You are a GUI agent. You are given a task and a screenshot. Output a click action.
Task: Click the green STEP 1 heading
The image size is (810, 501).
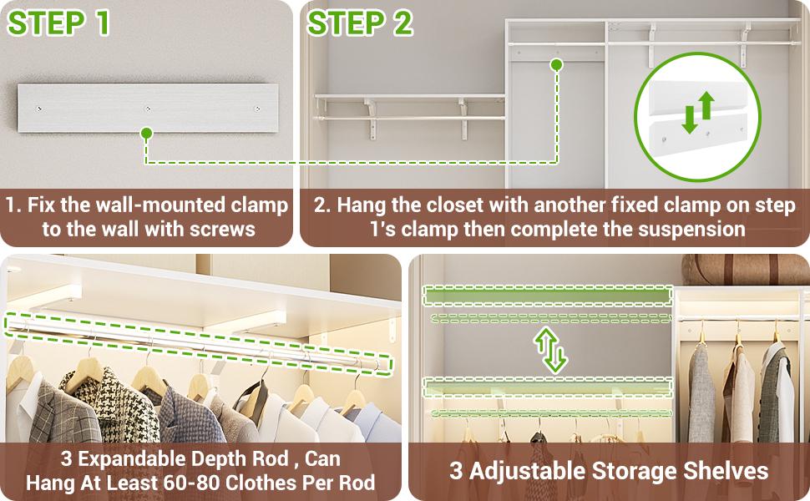[59, 23]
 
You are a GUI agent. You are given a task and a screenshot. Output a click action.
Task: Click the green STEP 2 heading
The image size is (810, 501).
[360, 23]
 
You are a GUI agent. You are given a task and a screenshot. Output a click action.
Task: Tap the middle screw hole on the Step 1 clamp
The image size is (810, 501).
[148, 109]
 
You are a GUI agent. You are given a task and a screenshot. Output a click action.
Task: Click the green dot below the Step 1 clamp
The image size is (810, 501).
[146, 132]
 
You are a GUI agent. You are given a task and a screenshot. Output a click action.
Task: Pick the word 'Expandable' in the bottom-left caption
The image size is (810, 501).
[159, 459]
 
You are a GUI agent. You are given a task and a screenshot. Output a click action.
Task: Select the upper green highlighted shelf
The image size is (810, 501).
[548, 296]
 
